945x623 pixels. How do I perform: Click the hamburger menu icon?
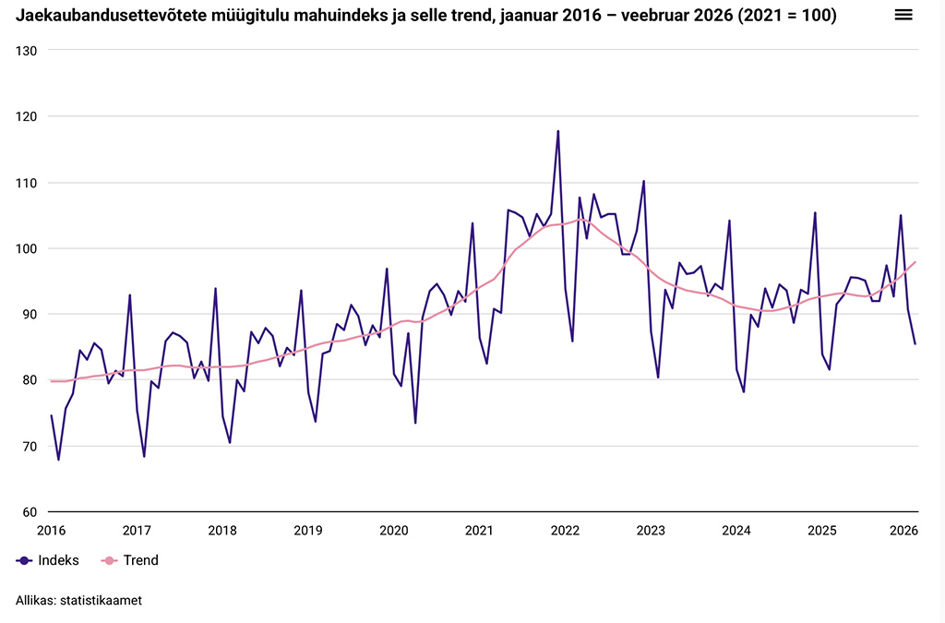pos(903,15)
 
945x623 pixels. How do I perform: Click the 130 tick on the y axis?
pos(26,51)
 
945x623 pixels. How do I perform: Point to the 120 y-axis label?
pos(26,117)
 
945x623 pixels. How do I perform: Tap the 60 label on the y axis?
pos(30,512)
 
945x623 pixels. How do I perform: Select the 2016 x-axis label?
pos(52,530)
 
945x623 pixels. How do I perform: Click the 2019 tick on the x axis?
pos(308,530)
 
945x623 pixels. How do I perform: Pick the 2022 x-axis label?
pos(565,530)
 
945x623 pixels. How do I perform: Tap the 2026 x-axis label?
pos(903,530)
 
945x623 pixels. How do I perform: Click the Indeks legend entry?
pos(48,560)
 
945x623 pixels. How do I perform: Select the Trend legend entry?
pos(130,560)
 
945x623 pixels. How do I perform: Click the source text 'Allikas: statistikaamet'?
pos(79,600)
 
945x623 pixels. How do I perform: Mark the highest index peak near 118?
pos(558,131)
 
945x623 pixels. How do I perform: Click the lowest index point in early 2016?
pos(58,460)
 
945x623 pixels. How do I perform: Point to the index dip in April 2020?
pos(415,423)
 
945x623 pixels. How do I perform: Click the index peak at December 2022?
pos(643,181)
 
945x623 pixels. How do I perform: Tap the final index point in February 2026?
pos(915,344)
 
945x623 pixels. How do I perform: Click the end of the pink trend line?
pos(915,262)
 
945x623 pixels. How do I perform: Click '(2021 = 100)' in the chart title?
pos(786,15)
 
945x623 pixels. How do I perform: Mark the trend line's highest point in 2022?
pos(580,220)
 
